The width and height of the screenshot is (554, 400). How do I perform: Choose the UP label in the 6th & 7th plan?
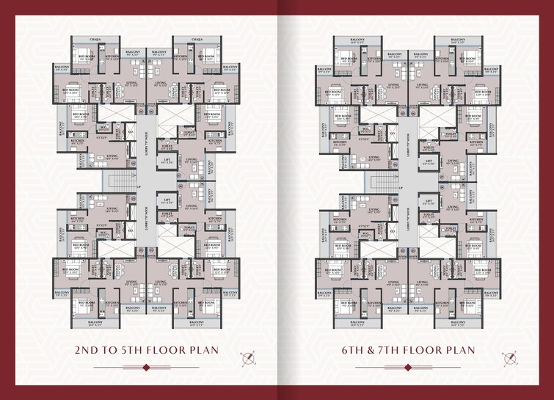click(x=401, y=188)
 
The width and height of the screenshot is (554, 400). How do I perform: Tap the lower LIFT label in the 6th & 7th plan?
click(x=428, y=199)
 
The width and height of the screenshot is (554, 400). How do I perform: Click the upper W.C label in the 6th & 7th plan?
click(x=365, y=127)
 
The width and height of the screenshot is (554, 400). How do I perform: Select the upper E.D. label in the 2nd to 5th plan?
click(x=130, y=133)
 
